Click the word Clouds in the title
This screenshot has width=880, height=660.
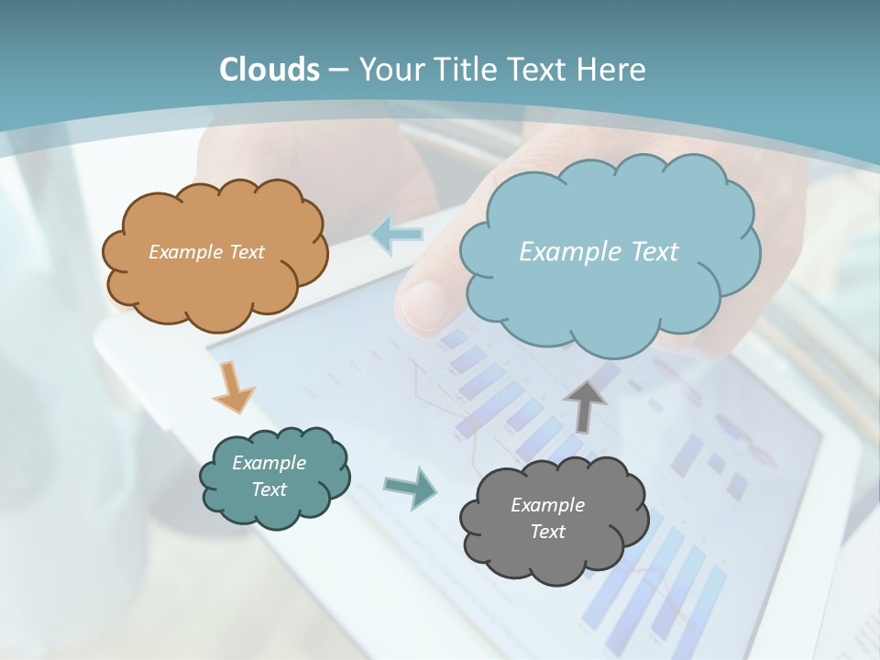tap(269, 70)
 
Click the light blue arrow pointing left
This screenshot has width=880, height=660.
tap(396, 235)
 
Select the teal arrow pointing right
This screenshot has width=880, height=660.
tap(410, 487)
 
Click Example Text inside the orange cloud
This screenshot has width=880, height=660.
tap(206, 252)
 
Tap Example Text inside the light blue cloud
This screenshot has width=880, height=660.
tap(599, 252)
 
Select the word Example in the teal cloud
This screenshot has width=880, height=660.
tap(269, 463)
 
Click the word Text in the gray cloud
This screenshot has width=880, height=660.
tap(547, 532)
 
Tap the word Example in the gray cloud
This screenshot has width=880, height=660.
tap(547, 505)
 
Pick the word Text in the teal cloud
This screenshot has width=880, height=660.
tap(269, 489)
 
